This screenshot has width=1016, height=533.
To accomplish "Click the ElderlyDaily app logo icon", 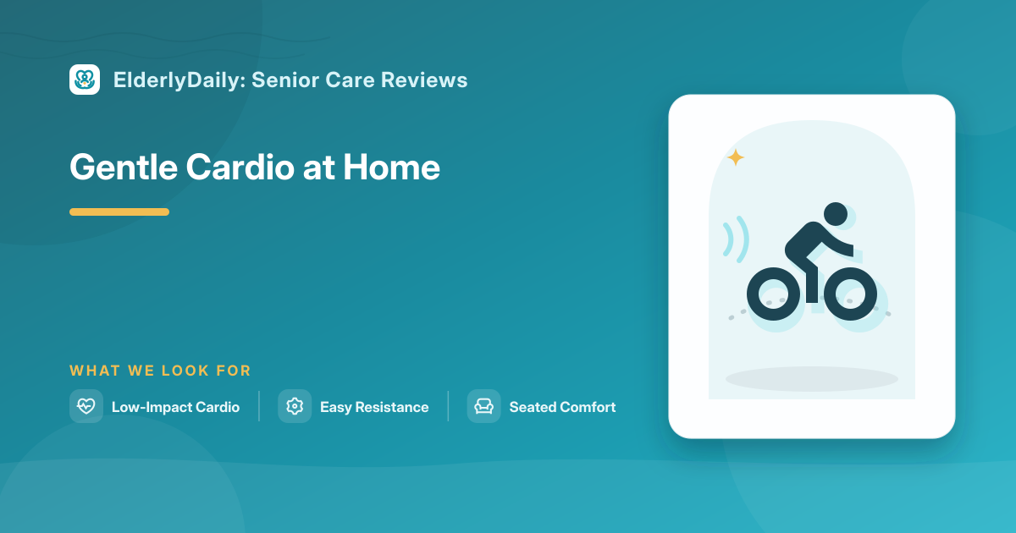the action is pos(85,80).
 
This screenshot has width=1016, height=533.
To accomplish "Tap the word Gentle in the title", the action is pos(124,167).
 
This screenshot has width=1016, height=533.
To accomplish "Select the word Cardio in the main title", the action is pos(240,167).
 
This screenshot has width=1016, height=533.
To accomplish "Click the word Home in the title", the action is pos(391,167).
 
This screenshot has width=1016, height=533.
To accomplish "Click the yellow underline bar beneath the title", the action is pos(119,212).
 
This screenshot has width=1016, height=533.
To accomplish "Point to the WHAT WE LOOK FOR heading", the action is pos(160,371).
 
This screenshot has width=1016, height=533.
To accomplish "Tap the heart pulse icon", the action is pos(86,406).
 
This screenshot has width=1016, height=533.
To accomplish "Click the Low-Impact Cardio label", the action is pos(175,407).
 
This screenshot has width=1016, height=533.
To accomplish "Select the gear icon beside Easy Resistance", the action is pos(295,406).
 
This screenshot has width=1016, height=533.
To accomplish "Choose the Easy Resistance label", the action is pos(374,407).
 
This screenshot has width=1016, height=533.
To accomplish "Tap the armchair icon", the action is pos(484,406).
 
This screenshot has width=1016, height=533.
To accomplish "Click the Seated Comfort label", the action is pos(562,407).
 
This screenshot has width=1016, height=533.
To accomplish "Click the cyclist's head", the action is pos(836,214).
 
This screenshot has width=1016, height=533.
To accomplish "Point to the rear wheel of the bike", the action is pos(773,294).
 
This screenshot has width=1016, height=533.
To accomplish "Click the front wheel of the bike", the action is pos(850,294).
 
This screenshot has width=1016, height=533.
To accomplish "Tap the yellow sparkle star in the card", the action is pos(736,157).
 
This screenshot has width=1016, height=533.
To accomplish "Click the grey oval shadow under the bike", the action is pos(812,379).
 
